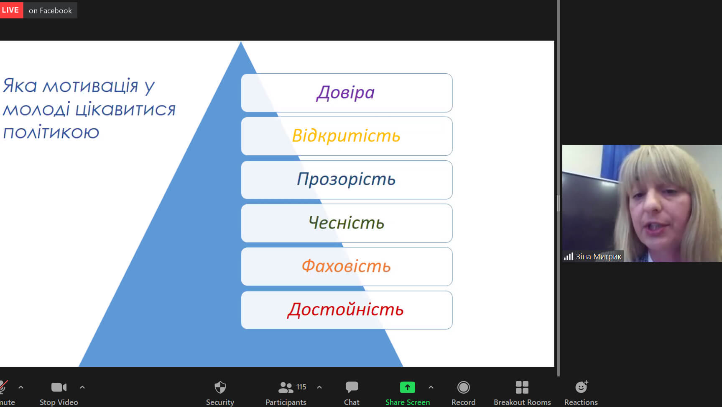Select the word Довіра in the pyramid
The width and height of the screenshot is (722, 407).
(x=345, y=93)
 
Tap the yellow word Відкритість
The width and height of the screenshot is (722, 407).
(x=346, y=136)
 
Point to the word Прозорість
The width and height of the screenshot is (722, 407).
(x=346, y=179)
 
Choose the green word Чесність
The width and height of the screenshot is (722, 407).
(x=346, y=223)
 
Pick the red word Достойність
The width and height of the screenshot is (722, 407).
(x=345, y=310)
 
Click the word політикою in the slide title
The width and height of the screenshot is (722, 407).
(x=51, y=133)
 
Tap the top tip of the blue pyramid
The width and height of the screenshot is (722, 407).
(x=241, y=41)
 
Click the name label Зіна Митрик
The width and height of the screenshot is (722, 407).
(x=598, y=256)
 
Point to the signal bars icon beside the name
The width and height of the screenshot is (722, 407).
(x=568, y=256)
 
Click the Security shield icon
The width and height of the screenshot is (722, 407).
(x=220, y=387)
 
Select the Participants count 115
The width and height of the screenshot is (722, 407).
(x=301, y=387)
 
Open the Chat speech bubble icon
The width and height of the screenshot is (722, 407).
(x=352, y=387)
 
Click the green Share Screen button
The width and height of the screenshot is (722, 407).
(x=408, y=387)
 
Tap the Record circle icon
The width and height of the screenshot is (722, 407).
(x=464, y=387)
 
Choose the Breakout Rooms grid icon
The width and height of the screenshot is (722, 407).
(x=522, y=387)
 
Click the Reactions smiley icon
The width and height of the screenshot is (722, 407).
(x=582, y=387)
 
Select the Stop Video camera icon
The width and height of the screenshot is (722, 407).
(x=59, y=387)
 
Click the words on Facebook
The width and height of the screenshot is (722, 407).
(x=50, y=10)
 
